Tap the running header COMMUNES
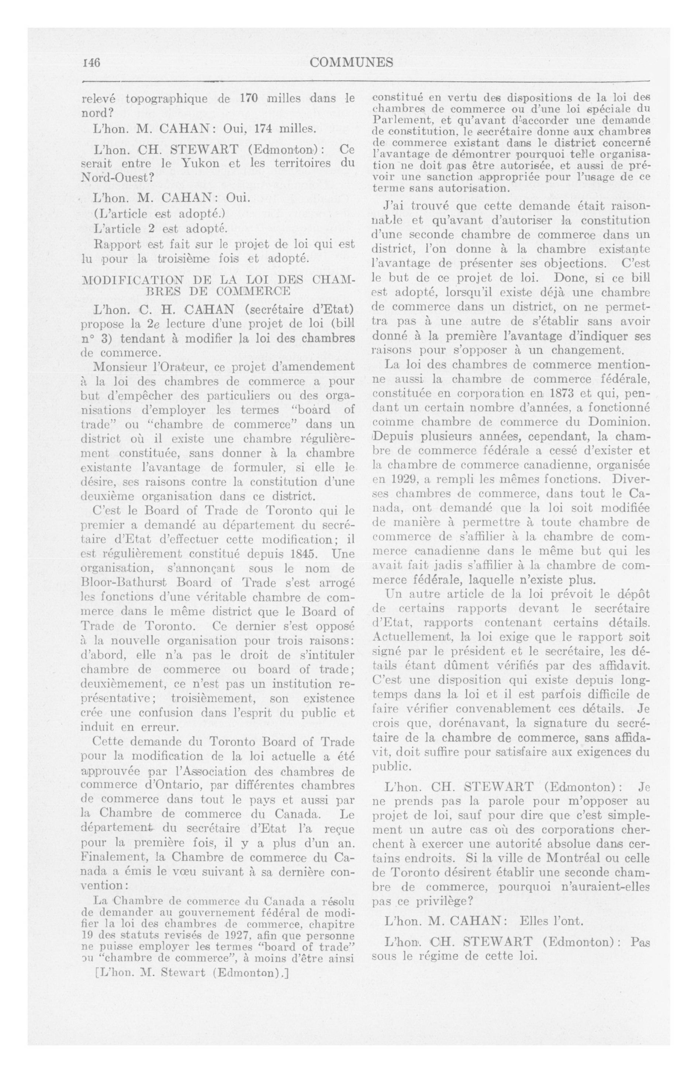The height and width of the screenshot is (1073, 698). tap(351, 62)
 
